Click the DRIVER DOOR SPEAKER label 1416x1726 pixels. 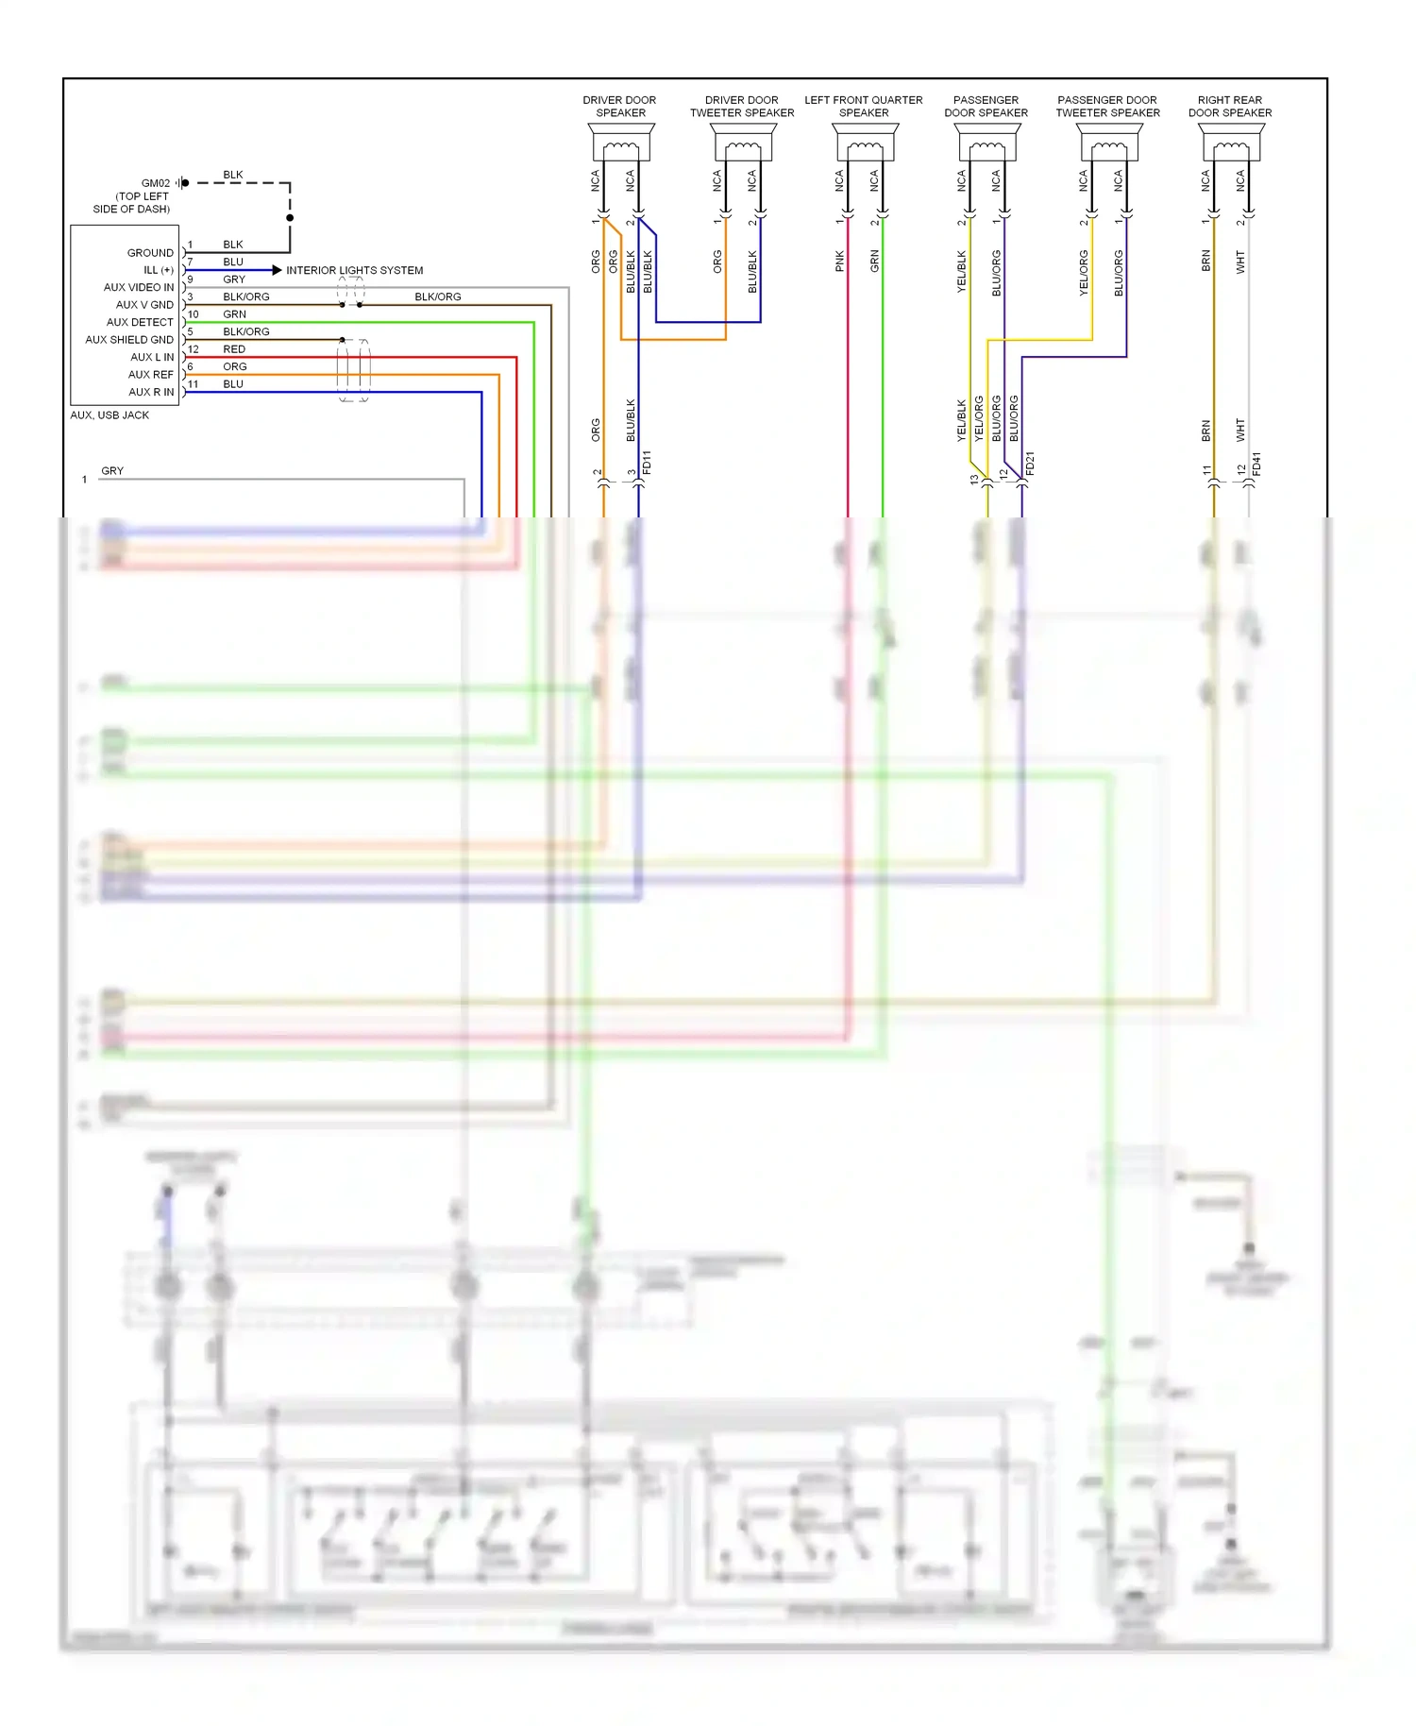619,106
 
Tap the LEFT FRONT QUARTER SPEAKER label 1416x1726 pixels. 863,106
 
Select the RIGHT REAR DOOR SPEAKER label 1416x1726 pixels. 1229,106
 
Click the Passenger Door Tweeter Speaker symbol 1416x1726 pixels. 1108,146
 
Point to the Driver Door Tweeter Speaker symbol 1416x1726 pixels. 742,146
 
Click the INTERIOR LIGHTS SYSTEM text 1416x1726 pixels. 354,270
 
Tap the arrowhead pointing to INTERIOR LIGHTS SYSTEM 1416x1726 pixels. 277,270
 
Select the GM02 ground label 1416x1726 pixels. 156,183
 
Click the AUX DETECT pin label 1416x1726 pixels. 140,322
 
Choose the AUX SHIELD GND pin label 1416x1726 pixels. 129,340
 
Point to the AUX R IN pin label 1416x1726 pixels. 151,392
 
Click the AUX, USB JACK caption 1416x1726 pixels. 110,415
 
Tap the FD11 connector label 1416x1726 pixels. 647,462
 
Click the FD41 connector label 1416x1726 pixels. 1256,464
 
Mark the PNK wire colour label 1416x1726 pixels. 839,262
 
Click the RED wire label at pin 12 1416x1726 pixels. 234,349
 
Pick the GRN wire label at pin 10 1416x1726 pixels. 234,314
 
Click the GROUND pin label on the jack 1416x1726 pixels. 150,253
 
